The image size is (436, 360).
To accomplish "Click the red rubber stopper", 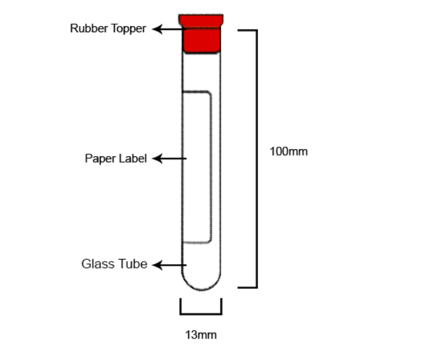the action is [201, 33].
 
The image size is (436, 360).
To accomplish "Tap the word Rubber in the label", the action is [89, 29].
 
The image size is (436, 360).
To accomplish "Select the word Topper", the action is [128, 29].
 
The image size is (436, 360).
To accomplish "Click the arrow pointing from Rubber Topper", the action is [169, 29].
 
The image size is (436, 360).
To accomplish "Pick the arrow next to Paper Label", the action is [169, 159].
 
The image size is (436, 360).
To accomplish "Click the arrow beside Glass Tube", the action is [169, 265].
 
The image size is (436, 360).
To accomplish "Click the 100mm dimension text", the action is [289, 152].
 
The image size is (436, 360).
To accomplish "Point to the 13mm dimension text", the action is [201, 335].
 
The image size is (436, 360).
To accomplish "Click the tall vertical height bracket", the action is [256, 159].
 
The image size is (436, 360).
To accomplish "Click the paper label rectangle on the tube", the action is [197, 167].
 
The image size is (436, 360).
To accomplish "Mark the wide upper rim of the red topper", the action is [201, 21].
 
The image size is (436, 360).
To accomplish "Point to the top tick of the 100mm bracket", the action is [247, 30].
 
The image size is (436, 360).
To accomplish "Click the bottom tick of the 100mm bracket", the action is [247, 287].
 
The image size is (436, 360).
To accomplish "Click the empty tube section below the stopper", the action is [201, 72].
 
